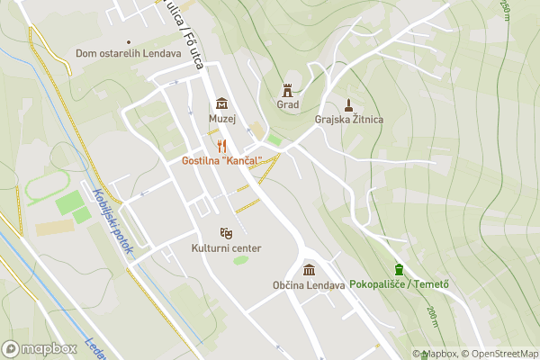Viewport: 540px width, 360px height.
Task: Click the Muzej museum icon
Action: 221,103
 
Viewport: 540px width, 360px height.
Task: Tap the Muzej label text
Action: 221,119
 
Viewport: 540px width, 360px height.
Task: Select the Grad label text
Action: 288,104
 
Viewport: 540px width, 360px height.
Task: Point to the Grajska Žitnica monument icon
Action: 349,103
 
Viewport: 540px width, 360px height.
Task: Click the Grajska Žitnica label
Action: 349,119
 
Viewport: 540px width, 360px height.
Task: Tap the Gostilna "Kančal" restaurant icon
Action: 221,145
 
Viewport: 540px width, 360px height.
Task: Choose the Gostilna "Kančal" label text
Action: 221,160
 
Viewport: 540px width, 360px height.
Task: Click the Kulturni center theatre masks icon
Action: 226,232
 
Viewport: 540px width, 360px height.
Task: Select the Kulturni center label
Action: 226,248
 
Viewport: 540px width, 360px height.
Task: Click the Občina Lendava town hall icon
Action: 310,270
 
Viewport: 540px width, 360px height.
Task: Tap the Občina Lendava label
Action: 310,285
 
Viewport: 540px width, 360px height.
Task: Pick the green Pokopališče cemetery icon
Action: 399,269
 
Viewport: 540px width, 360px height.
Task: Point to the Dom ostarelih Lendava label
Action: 129,54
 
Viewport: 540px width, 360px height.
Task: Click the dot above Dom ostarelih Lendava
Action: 129,41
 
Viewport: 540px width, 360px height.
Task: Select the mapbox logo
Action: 40,348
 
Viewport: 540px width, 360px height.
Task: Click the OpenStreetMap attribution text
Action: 500,354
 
